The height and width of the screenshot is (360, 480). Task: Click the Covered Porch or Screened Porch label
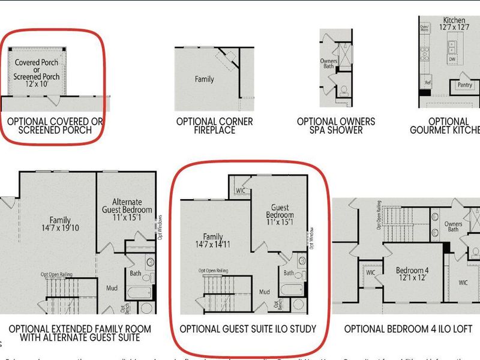click(x=37, y=73)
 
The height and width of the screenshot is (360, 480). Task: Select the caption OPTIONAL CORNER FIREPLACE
click(x=215, y=125)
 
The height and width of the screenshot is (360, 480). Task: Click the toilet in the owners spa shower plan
click(x=343, y=92)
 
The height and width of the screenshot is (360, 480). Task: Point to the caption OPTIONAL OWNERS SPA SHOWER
click(x=336, y=125)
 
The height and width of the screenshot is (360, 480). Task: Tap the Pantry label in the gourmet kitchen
click(x=464, y=86)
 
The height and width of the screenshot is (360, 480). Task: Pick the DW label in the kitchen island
click(x=452, y=59)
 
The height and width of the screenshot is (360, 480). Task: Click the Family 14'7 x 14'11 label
click(x=217, y=240)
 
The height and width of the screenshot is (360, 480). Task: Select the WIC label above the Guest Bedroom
click(x=240, y=191)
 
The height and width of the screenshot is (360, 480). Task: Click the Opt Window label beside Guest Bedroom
click(x=312, y=238)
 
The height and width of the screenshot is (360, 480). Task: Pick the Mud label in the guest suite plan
click(x=265, y=293)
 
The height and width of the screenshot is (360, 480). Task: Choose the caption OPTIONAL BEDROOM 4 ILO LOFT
click(x=408, y=329)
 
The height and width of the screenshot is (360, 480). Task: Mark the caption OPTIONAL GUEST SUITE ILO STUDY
click(x=248, y=329)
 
